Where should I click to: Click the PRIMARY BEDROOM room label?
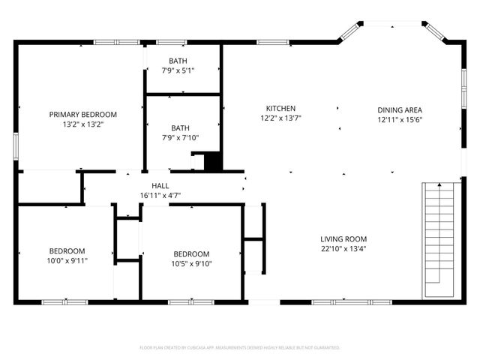pos(83,114)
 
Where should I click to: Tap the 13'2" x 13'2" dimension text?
pos(83,124)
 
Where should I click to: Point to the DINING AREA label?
pos(399,109)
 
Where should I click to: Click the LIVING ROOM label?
pos(343,238)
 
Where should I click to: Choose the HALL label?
pos(160,185)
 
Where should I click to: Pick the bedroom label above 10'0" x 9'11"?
pos(67,250)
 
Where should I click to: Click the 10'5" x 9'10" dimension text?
pos(190,263)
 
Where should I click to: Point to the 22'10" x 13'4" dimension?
pos(343,248)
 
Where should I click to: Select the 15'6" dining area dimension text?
pos(399,120)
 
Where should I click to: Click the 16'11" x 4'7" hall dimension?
pos(160,195)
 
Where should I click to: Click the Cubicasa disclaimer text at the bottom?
pos(240,347)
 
